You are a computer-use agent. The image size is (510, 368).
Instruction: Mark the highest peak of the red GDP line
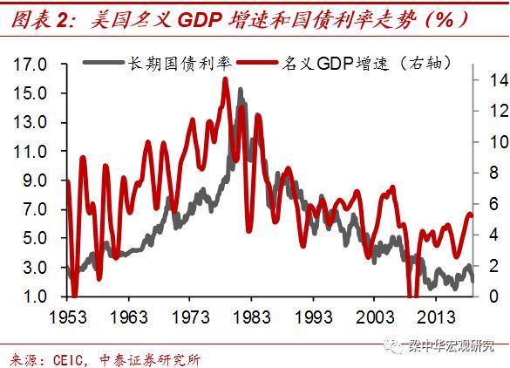point(226,79)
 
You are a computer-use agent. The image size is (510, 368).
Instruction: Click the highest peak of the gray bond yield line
point(241,90)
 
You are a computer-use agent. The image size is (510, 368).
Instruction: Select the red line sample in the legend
point(257,64)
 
